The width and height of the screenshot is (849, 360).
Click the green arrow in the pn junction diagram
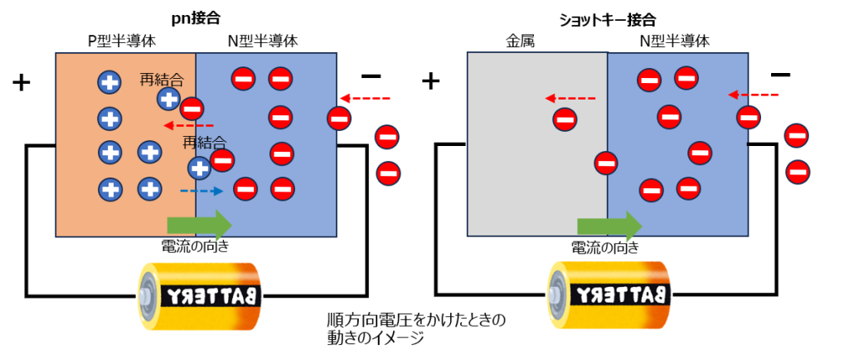click(x=200, y=225)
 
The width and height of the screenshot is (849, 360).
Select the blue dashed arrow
click(x=202, y=191)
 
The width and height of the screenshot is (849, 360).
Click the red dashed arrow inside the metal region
click(x=570, y=98)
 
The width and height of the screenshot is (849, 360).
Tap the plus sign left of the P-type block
click(x=22, y=82)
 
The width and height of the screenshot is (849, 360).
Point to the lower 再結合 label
click(x=204, y=142)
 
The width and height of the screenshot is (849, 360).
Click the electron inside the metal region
click(x=565, y=119)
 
